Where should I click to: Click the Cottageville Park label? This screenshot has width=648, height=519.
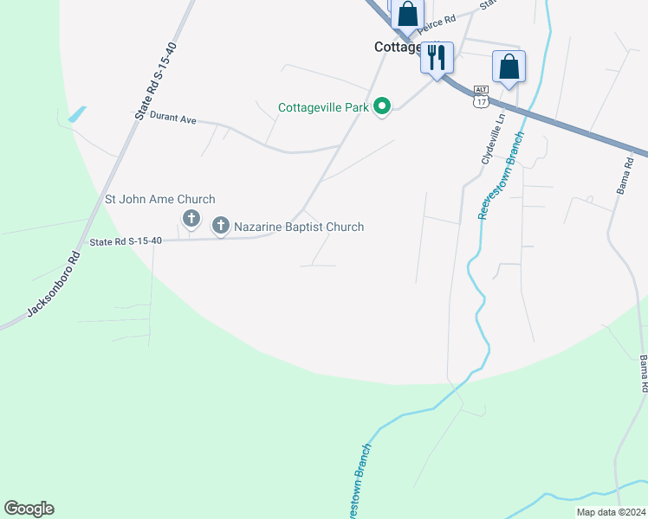pos(323,108)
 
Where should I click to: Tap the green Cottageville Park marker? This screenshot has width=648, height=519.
pos(382,107)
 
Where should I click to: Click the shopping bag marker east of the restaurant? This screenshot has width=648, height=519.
pos(509,67)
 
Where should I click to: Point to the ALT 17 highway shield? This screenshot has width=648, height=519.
pos(481,96)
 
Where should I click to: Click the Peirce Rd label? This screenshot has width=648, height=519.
pos(438,20)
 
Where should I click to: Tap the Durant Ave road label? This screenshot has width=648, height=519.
pos(172,118)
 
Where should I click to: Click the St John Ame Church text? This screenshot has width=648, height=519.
pos(159,200)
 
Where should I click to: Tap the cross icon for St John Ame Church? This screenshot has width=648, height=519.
pos(191,217)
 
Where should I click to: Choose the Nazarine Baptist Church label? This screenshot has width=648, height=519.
pos(299,227)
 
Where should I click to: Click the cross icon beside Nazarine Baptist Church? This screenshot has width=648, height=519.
pos(220,227)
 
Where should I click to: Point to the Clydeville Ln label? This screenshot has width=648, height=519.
pos(491,141)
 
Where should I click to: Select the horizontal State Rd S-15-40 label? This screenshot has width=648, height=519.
pos(126,241)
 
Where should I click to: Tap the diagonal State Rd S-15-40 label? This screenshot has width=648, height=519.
pos(156,80)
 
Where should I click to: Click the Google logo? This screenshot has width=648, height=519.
pos(29,509)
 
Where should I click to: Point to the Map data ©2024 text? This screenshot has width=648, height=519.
pos(610,512)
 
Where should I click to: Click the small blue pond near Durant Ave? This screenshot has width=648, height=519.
pos(76,113)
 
